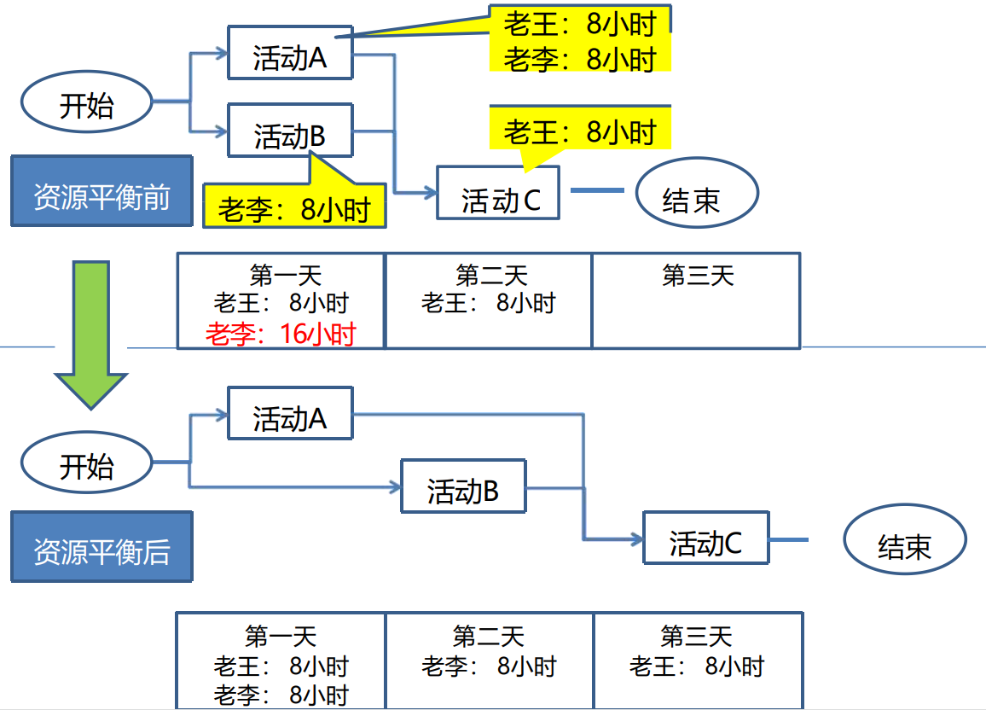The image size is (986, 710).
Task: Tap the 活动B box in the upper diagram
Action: [x=290, y=131]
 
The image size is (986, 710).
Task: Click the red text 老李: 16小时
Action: [x=281, y=335]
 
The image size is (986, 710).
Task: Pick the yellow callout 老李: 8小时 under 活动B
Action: [x=294, y=206]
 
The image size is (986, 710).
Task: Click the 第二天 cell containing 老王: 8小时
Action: [x=488, y=300]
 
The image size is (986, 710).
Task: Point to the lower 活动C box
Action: [x=705, y=538]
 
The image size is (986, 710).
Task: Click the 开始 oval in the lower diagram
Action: [x=86, y=463]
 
